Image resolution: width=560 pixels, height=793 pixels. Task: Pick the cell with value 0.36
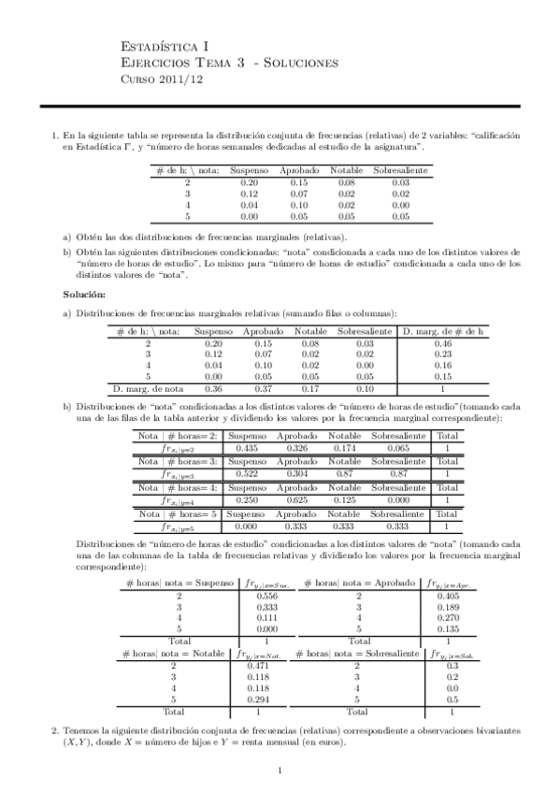tap(212, 387)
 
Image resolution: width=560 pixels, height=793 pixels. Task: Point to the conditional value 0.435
tap(247, 448)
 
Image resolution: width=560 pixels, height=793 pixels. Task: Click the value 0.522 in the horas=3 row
tap(247, 474)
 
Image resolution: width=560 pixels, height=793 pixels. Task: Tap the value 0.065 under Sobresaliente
tap(397, 448)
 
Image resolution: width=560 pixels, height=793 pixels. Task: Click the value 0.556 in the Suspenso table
tap(266, 596)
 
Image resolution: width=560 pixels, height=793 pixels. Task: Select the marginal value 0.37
tap(257, 387)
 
